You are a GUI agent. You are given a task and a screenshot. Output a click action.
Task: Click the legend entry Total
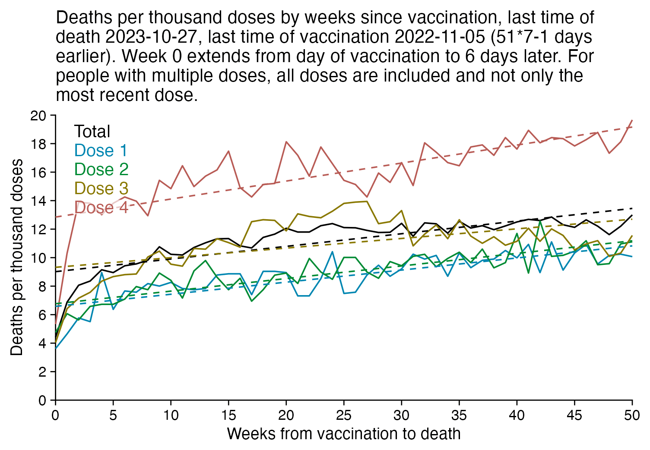coord(92,131)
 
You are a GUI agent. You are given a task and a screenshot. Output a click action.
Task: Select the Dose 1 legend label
coord(101,150)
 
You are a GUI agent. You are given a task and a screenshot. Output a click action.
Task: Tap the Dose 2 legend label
coord(101,169)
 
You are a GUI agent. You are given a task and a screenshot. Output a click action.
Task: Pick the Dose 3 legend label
coord(101,188)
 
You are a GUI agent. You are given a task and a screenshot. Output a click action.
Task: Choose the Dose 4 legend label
coord(101,208)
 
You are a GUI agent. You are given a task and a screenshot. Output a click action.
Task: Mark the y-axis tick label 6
coord(42,315)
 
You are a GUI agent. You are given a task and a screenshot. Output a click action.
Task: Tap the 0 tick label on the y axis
coord(42,400)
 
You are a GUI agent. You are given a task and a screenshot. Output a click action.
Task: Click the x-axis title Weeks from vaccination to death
coord(344,434)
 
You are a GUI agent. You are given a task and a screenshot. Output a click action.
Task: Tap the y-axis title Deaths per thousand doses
coord(17,258)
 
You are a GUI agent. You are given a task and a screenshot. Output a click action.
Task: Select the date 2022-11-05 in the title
coord(439,37)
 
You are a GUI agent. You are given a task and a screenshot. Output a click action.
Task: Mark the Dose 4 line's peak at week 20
coord(286,142)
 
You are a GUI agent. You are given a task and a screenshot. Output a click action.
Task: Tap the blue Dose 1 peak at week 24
coord(332,252)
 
